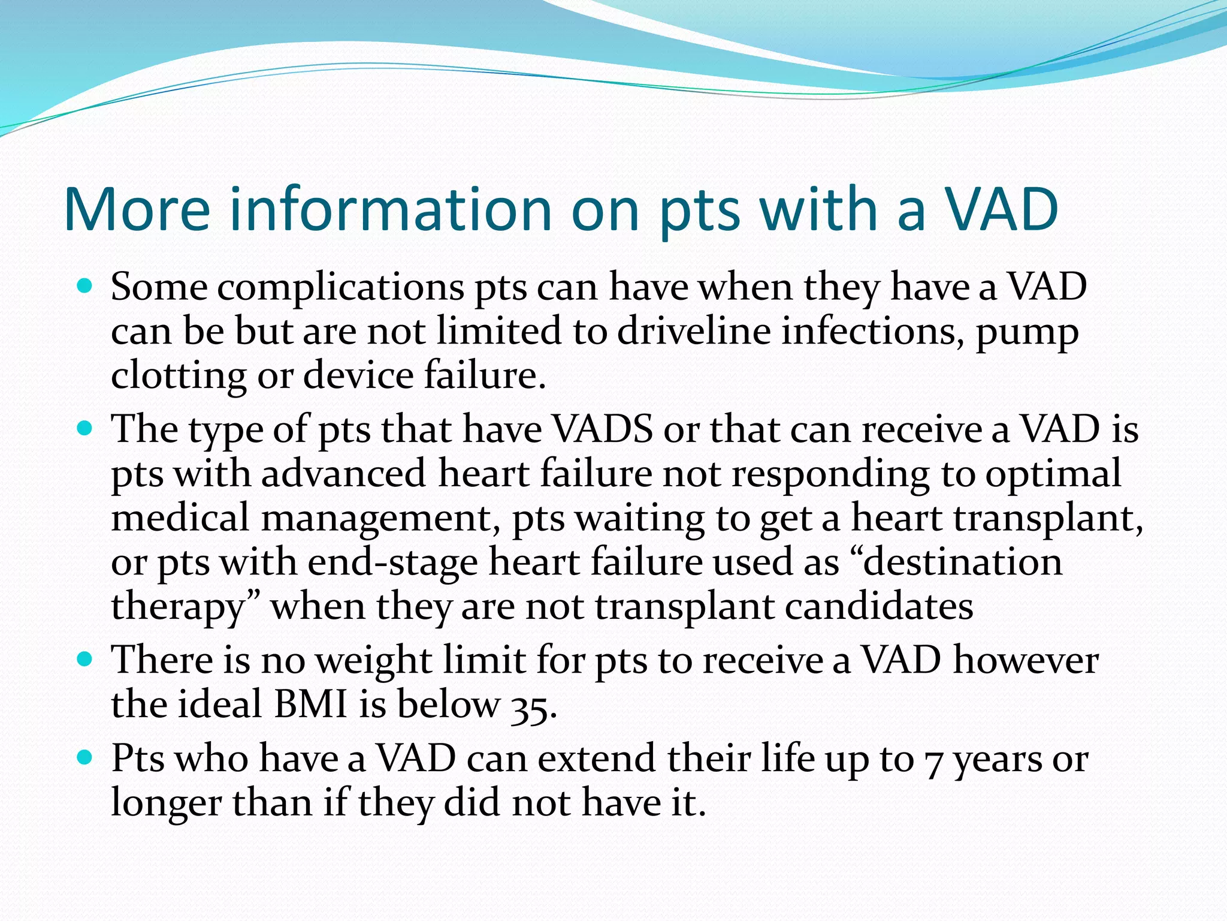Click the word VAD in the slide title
point(1001,209)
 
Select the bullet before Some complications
point(85,286)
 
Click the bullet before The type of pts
point(85,429)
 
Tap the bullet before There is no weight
point(85,660)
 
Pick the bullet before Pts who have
point(85,758)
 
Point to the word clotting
point(178,377)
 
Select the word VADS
point(602,429)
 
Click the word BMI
point(310,704)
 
